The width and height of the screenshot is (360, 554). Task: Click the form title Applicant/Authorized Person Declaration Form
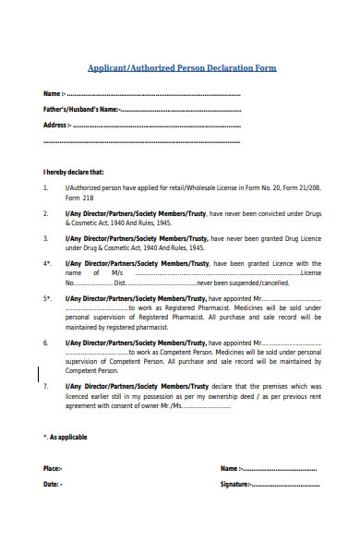181,68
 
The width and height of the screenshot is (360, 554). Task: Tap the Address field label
56,125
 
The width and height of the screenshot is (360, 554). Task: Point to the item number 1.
46,187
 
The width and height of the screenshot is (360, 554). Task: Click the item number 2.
46,212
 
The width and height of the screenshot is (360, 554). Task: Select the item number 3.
46,237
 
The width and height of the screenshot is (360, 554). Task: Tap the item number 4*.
47,262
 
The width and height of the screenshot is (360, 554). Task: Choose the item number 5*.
47,298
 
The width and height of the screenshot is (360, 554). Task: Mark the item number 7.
46,387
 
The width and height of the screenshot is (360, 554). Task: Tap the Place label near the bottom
53,469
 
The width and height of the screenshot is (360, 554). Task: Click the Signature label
235,484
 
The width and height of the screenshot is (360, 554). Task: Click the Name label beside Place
231,469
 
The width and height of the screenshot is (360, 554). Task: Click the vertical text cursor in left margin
39,349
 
